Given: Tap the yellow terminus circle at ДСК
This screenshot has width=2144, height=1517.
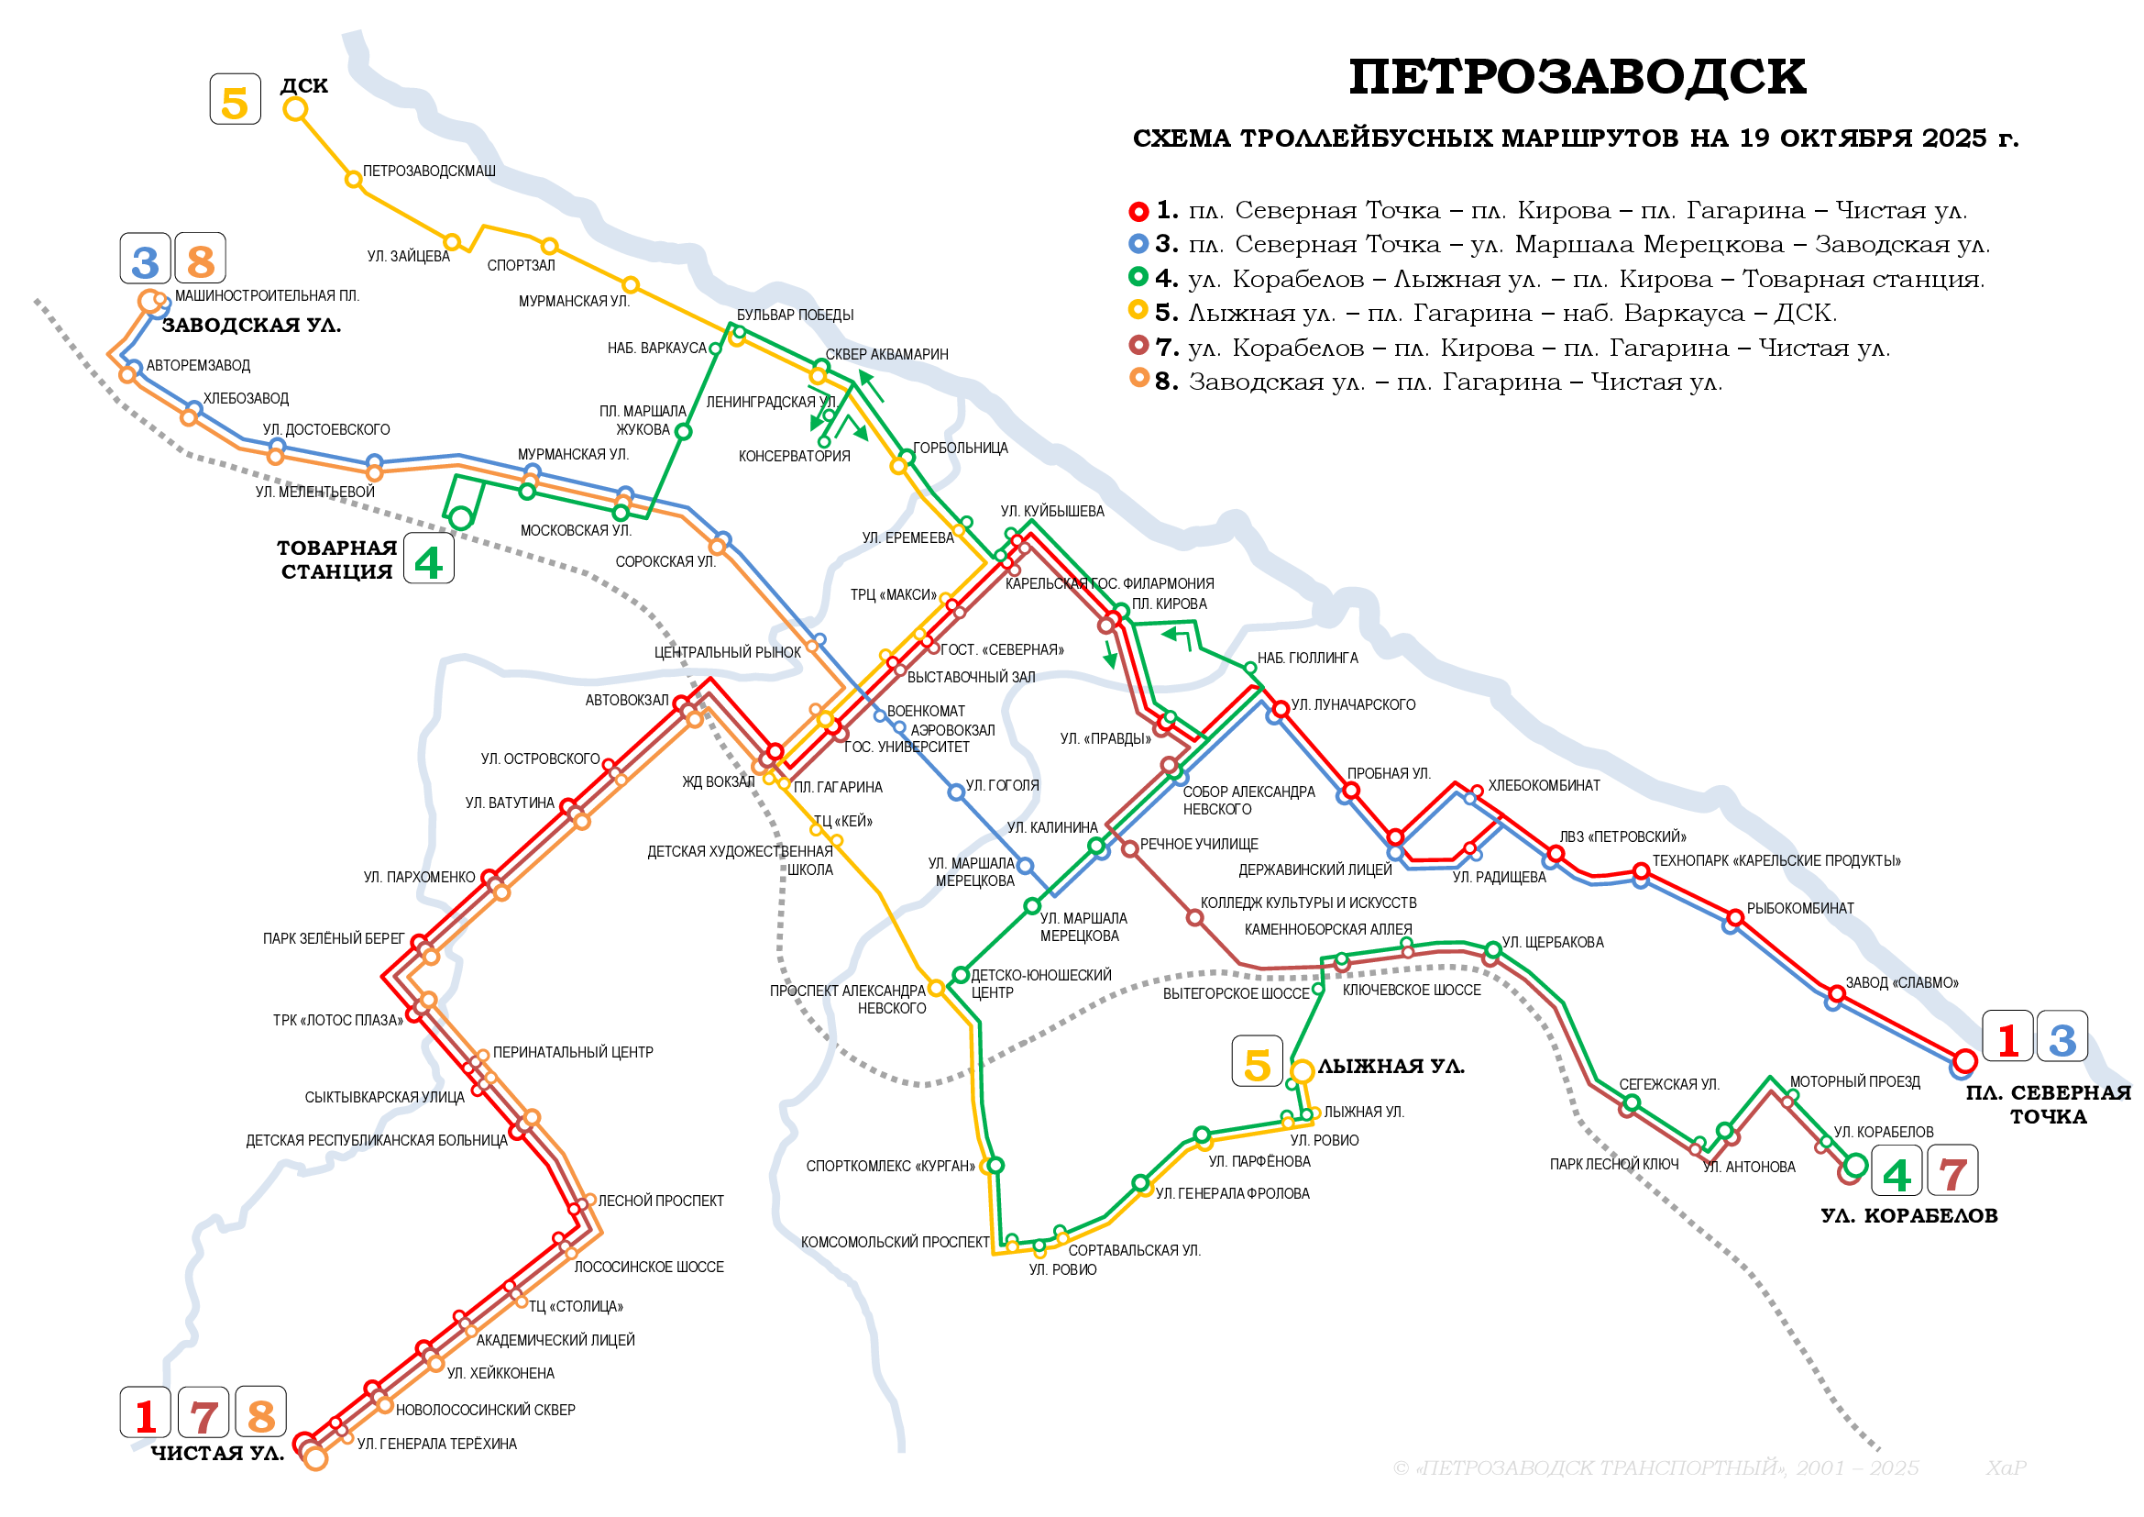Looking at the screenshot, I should point(295,109).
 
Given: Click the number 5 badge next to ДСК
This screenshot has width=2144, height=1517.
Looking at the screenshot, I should point(236,100).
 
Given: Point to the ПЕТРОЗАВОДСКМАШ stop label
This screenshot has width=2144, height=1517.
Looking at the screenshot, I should point(429,172).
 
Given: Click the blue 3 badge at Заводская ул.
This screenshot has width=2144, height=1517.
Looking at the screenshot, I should point(146,260).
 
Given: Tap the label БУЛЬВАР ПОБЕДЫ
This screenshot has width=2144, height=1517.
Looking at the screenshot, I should point(795,316).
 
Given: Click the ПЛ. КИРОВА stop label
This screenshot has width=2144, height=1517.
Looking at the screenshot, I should point(1169,604).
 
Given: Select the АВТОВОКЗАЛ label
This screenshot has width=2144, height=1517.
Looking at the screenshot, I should point(627,701).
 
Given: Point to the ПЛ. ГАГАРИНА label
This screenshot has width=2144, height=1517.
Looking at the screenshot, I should point(838,789).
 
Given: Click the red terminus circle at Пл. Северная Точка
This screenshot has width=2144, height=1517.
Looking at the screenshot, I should point(1964,1061).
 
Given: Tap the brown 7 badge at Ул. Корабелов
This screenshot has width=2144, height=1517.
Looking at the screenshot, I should point(1952,1172).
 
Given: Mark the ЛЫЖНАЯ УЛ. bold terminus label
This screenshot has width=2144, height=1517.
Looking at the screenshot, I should point(1391,1067).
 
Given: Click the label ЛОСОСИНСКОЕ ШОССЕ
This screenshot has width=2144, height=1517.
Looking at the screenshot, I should point(648,1268).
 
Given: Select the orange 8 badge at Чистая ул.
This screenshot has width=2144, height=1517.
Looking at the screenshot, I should point(260,1413).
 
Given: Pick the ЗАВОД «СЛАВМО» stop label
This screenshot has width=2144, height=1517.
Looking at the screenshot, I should point(1901,983).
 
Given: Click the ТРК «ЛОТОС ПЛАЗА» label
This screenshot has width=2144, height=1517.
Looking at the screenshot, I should point(338,1021).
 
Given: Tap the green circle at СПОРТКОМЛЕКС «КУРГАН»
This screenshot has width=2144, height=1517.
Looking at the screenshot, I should point(995,1165).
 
